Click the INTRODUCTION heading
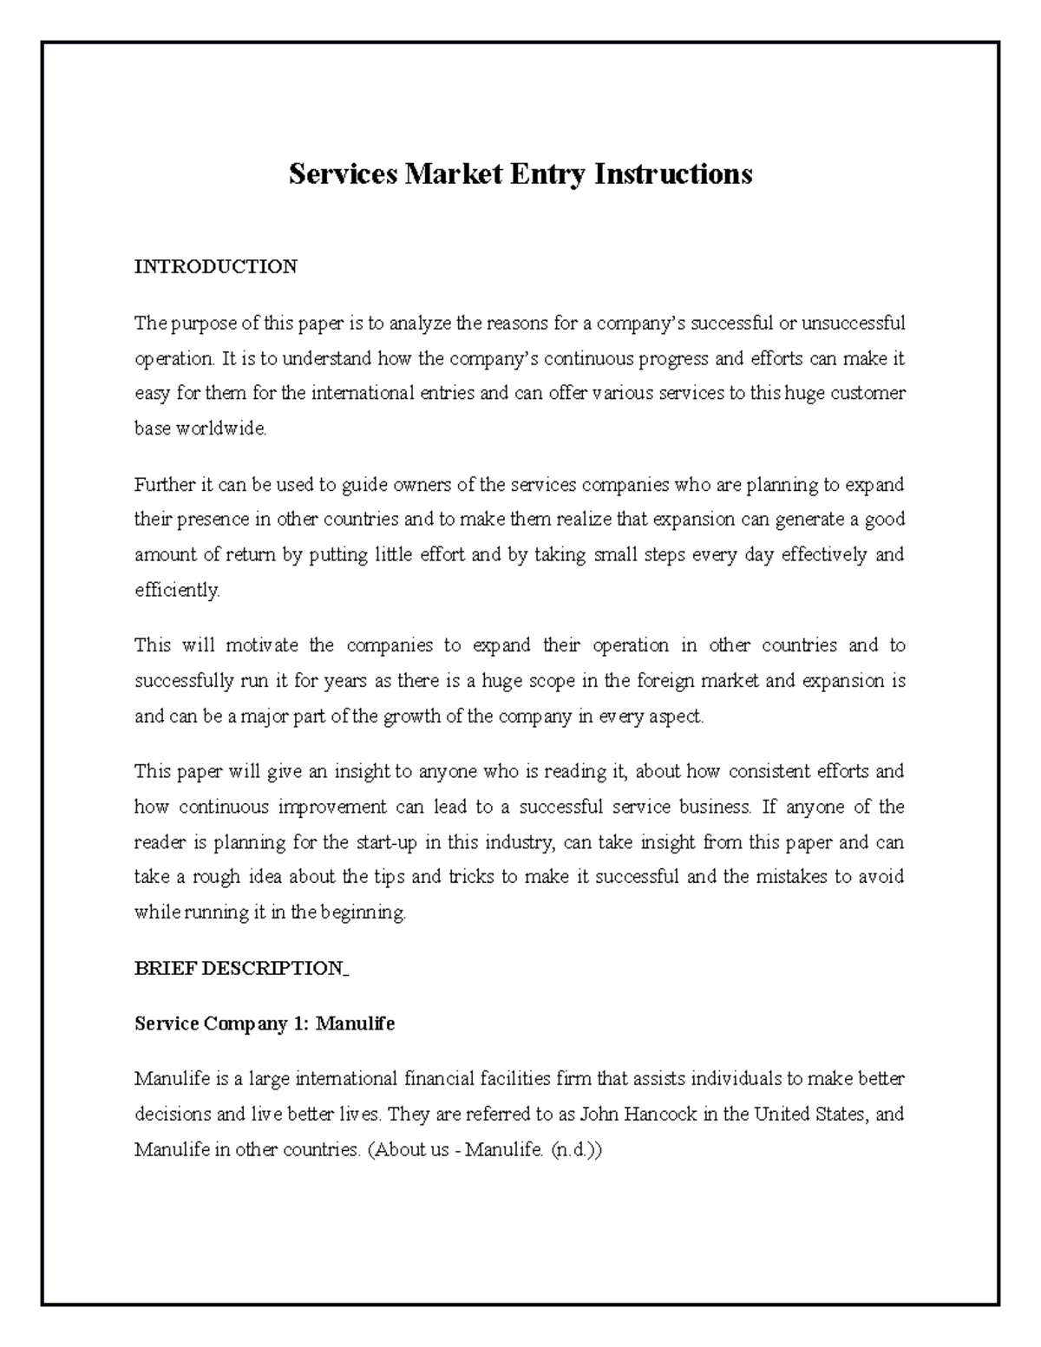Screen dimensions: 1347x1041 [215, 266]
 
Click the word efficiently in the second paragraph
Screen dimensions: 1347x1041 [177, 591]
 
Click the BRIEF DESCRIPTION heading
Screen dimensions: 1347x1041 [239, 969]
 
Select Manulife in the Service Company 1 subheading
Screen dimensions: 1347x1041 [355, 1023]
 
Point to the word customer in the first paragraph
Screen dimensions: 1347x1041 [867, 393]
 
